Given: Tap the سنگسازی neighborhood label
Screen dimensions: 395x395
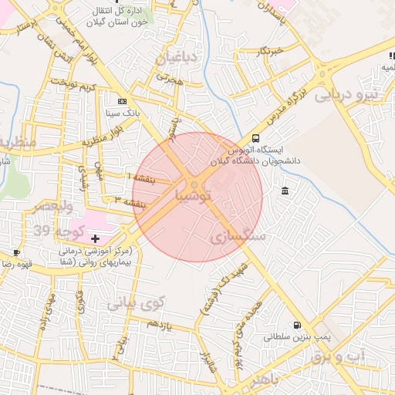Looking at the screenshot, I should tap(237, 237).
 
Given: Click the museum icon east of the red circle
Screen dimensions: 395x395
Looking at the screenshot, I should tap(285, 191).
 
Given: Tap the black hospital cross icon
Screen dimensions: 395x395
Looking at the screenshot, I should tap(95, 240).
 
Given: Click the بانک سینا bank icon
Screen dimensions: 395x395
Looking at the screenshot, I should tap(121, 101).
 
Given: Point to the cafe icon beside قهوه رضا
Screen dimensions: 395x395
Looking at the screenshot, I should tap(16, 252).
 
